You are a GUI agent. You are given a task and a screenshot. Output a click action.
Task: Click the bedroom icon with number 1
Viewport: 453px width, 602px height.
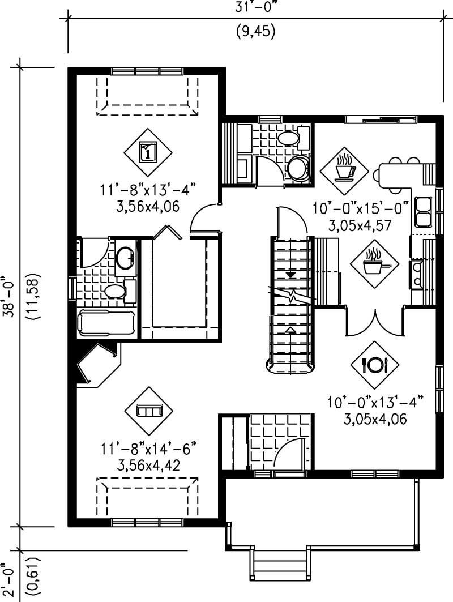click(x=148, y=152)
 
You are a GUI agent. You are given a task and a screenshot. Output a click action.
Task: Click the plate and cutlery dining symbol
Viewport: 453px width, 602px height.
click(x=374, y=365)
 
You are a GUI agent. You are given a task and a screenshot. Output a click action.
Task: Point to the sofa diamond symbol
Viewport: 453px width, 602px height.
click(x=148, y=411)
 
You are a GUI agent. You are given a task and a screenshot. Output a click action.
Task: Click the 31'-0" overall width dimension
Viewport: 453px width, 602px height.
click(x=255, y=7)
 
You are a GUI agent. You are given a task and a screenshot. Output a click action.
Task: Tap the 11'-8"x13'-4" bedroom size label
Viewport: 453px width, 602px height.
click(x=148, y=190)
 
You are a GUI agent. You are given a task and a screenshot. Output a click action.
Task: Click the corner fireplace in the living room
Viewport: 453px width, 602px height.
click(x=95, y=365)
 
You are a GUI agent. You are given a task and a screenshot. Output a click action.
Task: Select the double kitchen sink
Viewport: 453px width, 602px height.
click(x=423, y=211)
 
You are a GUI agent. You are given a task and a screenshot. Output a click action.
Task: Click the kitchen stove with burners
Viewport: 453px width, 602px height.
click(x=417, y=274)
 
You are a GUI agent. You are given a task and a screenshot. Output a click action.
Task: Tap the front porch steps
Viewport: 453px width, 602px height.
click(x=281, y=566)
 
